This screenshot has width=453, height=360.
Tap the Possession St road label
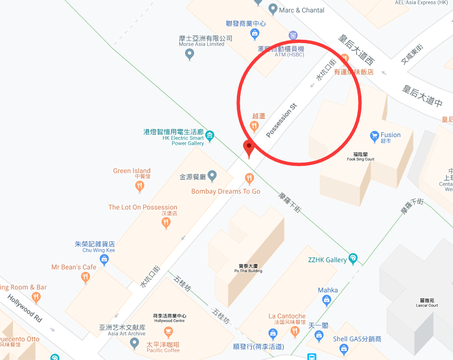(x=282, y=119)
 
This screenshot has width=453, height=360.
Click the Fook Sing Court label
(x=360, y=157)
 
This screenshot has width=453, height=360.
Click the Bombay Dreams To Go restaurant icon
(x=249, y=179)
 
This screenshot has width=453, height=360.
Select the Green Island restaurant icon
(x=139, y=186)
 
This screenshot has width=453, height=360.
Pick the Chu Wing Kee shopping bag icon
(x=104, y=260)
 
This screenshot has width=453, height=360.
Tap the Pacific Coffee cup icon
(x=168, y=332)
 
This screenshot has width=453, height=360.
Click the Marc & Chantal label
(x=302, y=10)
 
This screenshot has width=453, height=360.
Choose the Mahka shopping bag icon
(x=327, y=301)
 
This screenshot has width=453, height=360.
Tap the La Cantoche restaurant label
(x=287, y=316)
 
